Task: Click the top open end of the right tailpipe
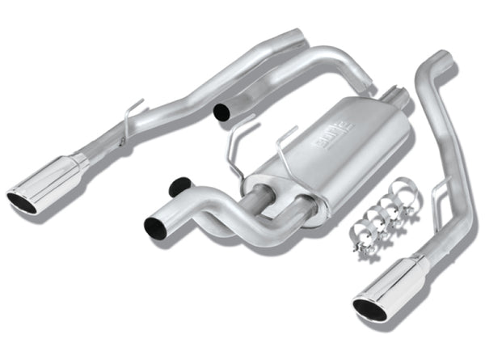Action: (x=442, y=58)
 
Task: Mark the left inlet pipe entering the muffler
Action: (x=260, y=196)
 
